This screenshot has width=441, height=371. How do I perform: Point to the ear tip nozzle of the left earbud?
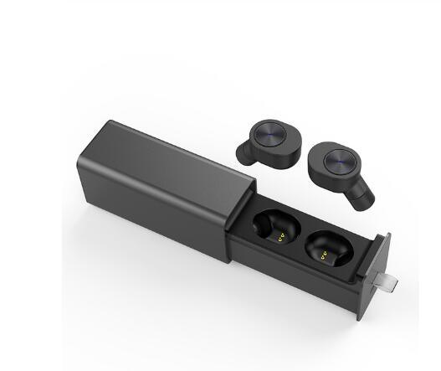pyautogui.click(x=244, y=153)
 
